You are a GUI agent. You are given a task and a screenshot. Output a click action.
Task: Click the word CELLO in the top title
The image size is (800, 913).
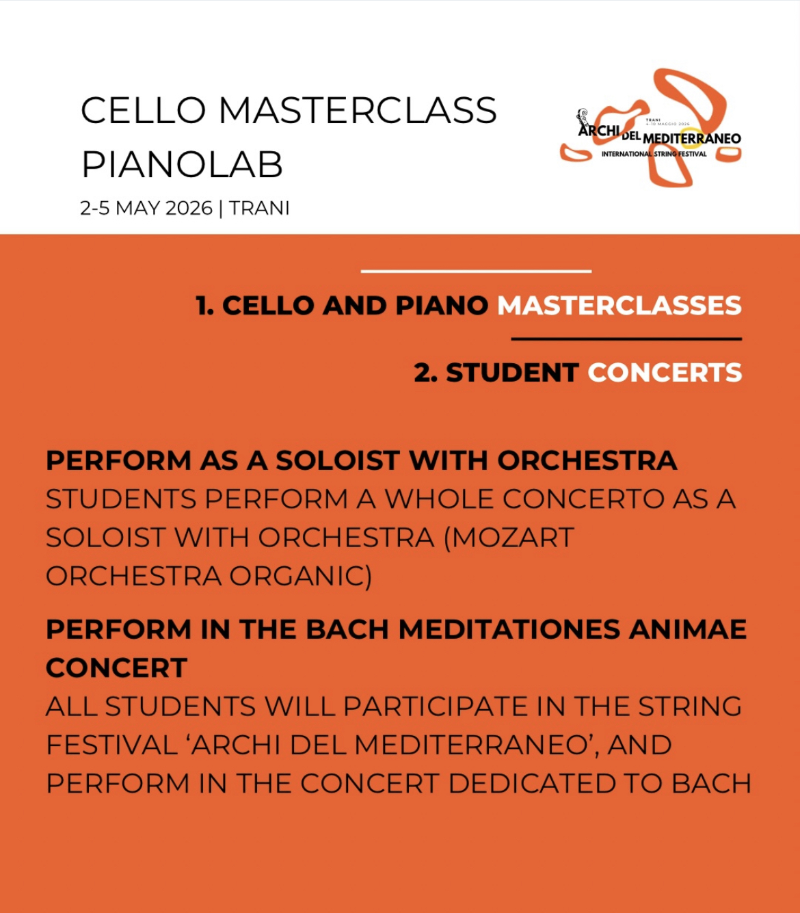tap(144, 110)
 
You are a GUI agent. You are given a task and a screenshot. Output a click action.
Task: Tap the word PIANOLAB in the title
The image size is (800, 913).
tap(182, 165)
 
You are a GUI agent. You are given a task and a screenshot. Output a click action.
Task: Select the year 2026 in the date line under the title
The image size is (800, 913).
tap(189, 208)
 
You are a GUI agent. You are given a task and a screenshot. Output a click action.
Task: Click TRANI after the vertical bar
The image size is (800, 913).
tap(259, 208)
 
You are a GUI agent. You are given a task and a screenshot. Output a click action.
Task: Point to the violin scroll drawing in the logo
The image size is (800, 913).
tap(583, 118)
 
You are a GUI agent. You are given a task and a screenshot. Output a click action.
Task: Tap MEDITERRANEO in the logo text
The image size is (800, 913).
tap(692, 138)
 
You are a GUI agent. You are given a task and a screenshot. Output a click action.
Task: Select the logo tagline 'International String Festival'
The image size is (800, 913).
tap(654, 154)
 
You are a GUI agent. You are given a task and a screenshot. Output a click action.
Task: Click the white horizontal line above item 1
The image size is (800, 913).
tap(476, 272)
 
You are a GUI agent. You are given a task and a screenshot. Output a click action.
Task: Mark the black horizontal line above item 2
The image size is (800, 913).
tap(626, 339)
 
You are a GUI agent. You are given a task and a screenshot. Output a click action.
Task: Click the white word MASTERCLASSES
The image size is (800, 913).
tap(619, 306)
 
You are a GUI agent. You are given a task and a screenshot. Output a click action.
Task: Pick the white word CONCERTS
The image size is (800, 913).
tap(665, 373)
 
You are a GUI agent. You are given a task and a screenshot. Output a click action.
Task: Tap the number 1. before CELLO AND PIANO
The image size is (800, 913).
tap(205, 306)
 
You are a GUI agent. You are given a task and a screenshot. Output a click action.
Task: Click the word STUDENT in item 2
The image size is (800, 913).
tap(512, 373)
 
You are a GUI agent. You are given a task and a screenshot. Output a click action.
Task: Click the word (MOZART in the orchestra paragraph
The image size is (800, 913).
tap(509, 538)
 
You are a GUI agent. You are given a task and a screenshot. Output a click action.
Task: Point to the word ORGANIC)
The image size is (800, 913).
tap(301, 577)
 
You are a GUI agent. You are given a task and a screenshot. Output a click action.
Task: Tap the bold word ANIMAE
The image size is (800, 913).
tap(688, 629)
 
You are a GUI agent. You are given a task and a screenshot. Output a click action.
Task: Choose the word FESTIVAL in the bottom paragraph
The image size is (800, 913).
tap(112, 745)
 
